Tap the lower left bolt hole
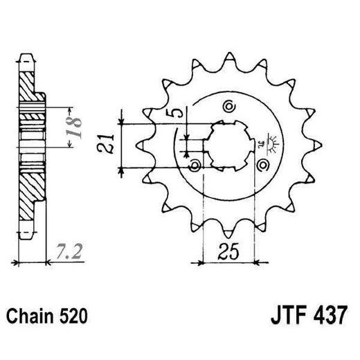(195, 165)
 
